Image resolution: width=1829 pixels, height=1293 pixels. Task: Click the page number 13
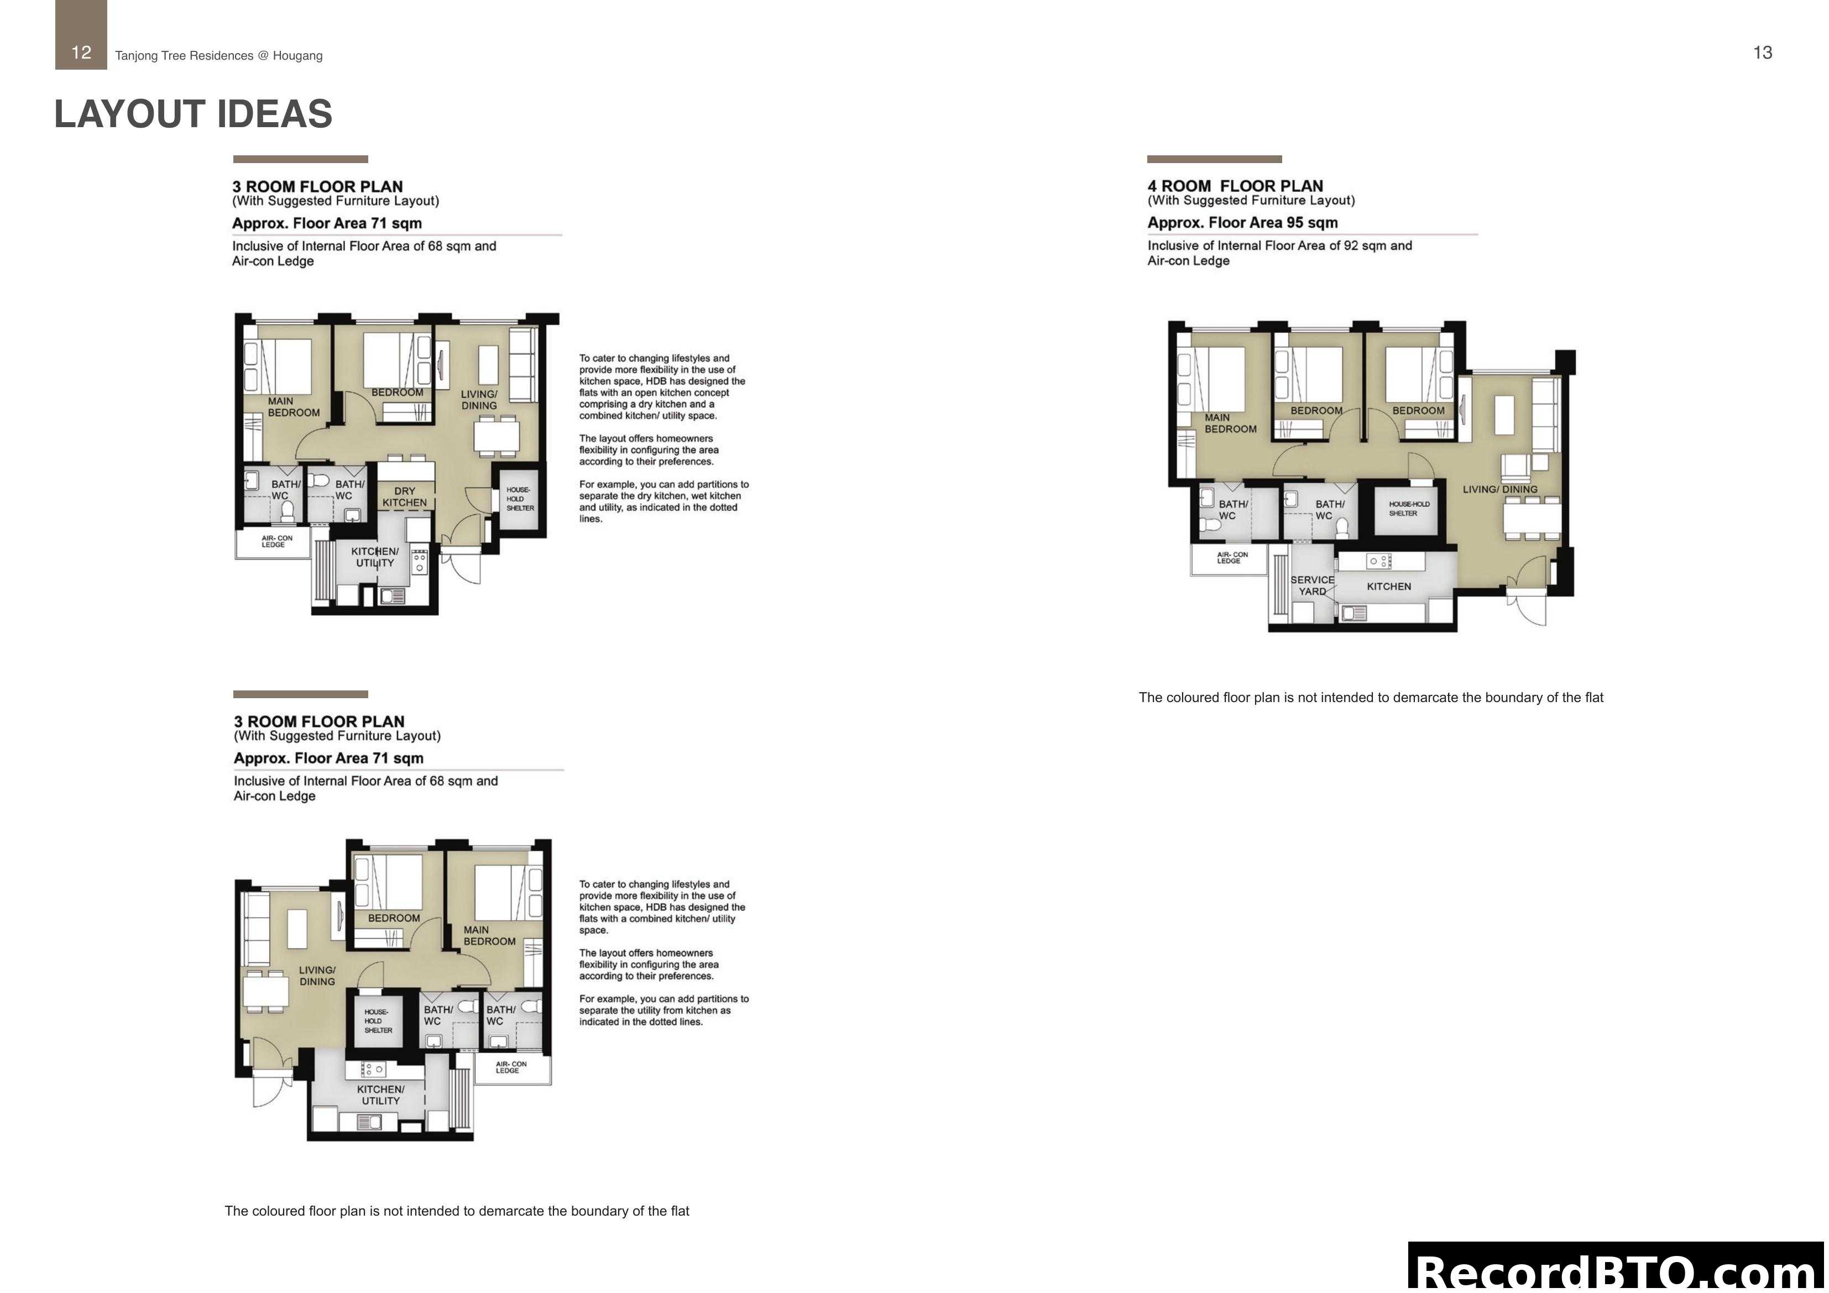pos(1762,53)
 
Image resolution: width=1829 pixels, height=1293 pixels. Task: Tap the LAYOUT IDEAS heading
pos(193,114)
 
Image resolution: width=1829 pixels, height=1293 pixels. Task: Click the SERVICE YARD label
pos(1312,585)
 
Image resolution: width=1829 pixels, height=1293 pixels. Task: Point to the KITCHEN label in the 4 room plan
pos(1388,587)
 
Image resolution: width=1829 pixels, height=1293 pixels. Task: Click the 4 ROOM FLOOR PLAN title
pos(1235,186)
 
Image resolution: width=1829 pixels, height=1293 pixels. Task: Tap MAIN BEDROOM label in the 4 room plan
pos(1229,423)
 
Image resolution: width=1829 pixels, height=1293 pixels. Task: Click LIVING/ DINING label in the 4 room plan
pos(1499,489)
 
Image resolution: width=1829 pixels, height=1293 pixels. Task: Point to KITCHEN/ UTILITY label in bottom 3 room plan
pos(381,1095)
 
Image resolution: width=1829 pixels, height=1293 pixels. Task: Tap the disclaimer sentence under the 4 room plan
pos(1370,698)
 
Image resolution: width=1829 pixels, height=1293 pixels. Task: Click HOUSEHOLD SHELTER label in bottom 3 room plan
pos(378,1020)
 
